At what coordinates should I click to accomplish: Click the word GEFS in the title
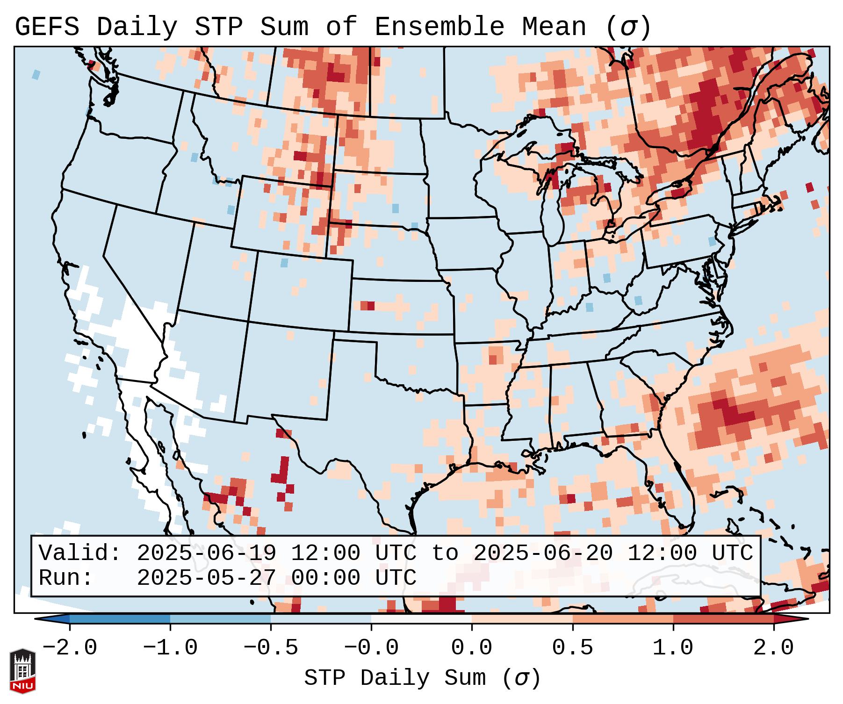(47, 27)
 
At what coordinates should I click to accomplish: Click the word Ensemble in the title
(439, 27)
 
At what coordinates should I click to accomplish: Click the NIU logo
(22, 670)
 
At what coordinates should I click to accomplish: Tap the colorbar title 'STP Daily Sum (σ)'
(422, 678)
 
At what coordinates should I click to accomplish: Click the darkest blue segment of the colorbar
(120, 619)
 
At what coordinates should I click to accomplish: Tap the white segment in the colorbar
(421, 619)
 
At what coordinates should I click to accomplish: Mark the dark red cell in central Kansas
(371, 306)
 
